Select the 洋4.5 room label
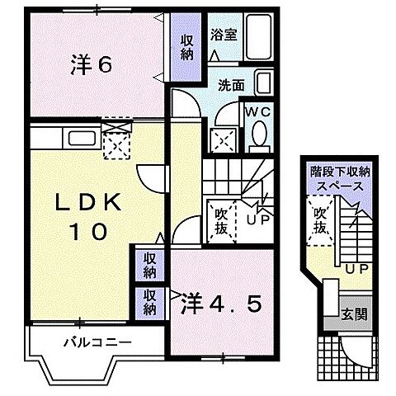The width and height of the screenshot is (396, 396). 220,304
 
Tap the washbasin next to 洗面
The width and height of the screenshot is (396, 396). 264,82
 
